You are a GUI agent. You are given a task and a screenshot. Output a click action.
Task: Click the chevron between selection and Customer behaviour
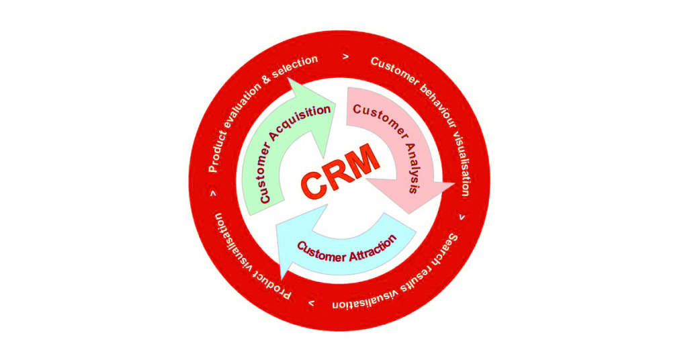(345, 57)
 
